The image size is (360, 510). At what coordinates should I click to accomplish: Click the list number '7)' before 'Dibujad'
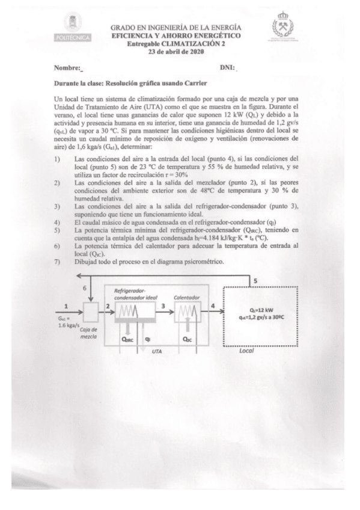coord(57,262)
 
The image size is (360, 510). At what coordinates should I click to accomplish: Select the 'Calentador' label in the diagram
coord(186,297)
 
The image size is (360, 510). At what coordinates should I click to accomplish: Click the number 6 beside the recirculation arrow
coord(84,289)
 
